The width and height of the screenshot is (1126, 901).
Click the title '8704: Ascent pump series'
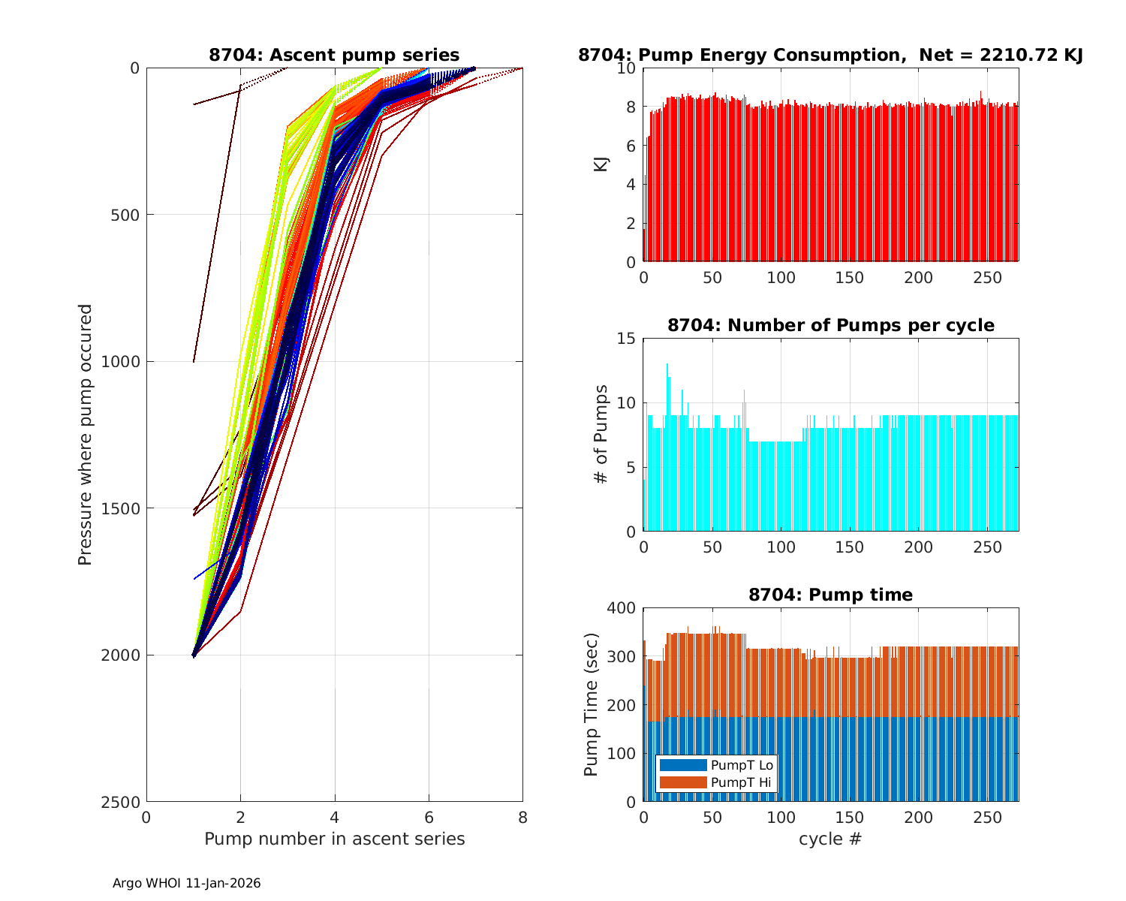334,55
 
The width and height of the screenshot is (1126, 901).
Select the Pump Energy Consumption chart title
830,55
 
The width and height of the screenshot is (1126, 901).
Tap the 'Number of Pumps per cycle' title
830,325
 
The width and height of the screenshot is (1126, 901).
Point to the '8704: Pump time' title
830,595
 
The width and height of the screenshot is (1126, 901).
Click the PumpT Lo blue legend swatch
683,765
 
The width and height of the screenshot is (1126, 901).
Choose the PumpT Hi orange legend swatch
683,782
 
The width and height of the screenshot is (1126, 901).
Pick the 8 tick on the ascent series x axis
522,817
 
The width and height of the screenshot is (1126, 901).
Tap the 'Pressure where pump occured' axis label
86,435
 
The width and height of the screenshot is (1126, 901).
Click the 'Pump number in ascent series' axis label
334,839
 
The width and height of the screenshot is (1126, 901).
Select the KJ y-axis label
601,164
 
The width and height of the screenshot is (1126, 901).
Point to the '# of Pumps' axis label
601,434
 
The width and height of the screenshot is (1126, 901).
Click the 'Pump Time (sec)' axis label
592,705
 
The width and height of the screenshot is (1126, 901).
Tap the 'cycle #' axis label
830,839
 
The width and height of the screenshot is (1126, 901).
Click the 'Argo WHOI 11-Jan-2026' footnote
186,883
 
